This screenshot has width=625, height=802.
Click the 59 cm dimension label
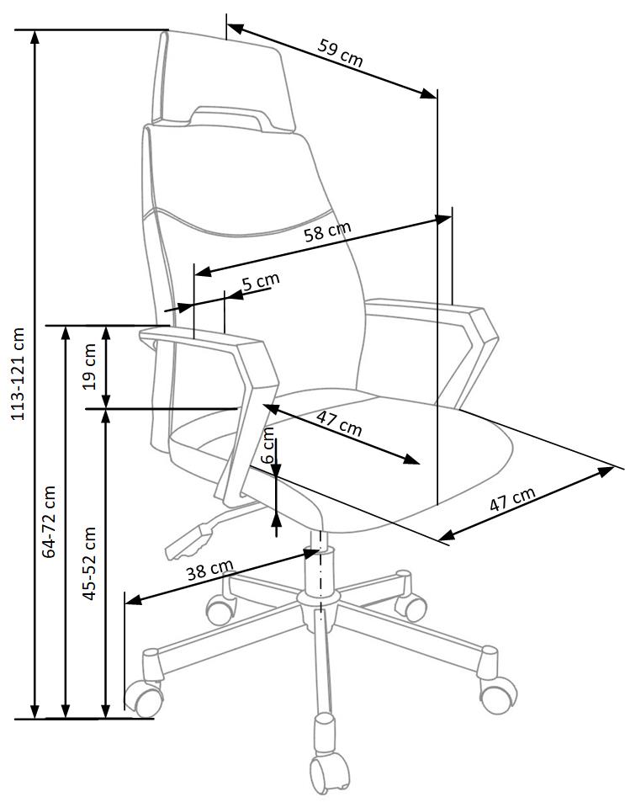tap(341, 52)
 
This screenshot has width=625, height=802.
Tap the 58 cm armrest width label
tap(328, 233)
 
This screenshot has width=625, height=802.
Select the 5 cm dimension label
tap(260, 282)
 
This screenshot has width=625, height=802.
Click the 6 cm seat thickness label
tap(268, 445)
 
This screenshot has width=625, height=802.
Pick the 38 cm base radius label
tap(209, 571)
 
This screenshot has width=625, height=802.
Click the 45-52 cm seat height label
tap(90, 562)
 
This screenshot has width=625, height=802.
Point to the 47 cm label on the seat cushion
tap(340, 422)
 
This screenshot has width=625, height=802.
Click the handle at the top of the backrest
tap(227, 115)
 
